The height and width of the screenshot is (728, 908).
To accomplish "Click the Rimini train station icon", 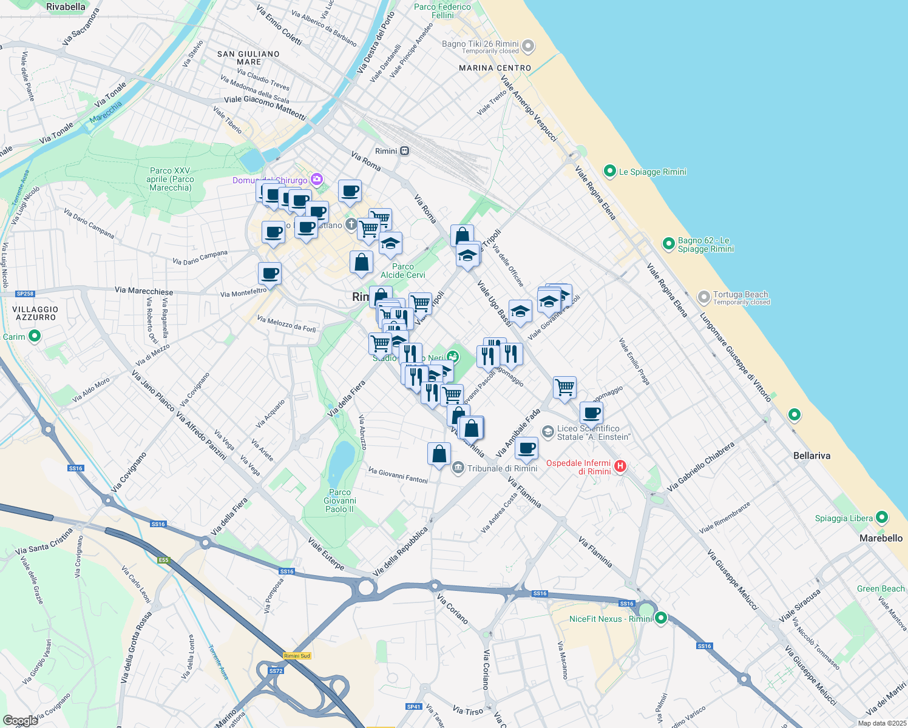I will click(404, 151).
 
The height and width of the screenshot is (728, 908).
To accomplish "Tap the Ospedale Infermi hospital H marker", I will click(620, 466).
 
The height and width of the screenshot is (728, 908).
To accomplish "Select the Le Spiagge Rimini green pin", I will click(610, 171).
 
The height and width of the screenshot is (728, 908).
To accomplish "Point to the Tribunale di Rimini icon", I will click(458, 468).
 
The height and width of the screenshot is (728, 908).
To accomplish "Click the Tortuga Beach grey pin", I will click(703, 297).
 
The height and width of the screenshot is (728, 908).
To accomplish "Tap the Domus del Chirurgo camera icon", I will click(316, 180).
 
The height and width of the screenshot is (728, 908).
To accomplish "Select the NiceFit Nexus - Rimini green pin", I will click(661, 618).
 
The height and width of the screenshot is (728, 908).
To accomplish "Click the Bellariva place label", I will click(811, 456).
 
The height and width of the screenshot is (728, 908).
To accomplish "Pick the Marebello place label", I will click(881, 538).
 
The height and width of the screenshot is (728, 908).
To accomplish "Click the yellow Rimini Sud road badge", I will click(297, 656).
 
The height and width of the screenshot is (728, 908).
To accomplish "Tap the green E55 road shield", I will click(164, 560).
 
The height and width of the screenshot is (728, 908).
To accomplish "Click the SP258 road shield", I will click(25, 294).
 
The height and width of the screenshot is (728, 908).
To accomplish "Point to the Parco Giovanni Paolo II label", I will click(340, 500).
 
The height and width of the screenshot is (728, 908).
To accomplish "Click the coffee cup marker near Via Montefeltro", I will click(269, 273).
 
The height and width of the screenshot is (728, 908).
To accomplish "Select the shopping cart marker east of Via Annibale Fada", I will click(564, 387).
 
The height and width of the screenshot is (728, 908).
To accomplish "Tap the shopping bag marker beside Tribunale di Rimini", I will click(439, 454).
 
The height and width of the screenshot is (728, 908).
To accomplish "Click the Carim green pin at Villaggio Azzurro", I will click(35, 335).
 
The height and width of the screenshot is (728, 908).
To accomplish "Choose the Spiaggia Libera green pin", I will click(882, 517).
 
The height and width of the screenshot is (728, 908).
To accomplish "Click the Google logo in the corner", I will click(20, 720).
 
